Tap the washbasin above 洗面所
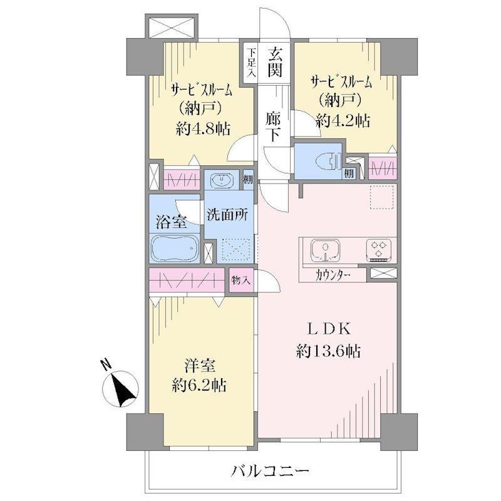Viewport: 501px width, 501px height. pos(222,180)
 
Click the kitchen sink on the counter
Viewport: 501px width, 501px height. pos(325,250)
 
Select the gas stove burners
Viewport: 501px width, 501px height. pos(379,249)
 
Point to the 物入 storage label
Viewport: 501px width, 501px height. pos(240,281)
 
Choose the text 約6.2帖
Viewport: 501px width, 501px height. pos(200,385)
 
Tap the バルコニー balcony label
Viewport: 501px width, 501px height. pos(270,471)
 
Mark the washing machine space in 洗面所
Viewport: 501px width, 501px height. pos(236,249)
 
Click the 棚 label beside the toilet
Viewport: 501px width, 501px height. pos(349,173)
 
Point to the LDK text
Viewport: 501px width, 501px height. pos(329,329)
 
